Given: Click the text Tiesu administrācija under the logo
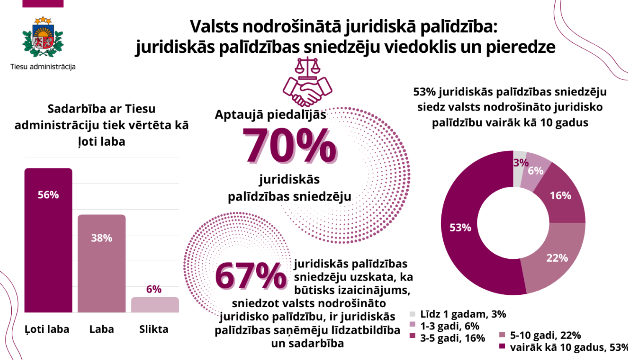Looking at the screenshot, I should [43, 67].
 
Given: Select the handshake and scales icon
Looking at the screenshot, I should [307, 82].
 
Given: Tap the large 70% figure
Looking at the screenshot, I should [289, 146].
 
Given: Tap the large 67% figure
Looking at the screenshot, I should [250, 276].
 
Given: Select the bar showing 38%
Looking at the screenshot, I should [102, 263].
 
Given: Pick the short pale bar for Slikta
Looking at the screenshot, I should [155, 305].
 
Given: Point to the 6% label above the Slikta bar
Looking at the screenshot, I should [154, 289].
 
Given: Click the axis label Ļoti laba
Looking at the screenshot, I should [47, 329].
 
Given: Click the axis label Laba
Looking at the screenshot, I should [102, 329].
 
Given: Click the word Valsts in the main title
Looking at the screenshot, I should [214, 26].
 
